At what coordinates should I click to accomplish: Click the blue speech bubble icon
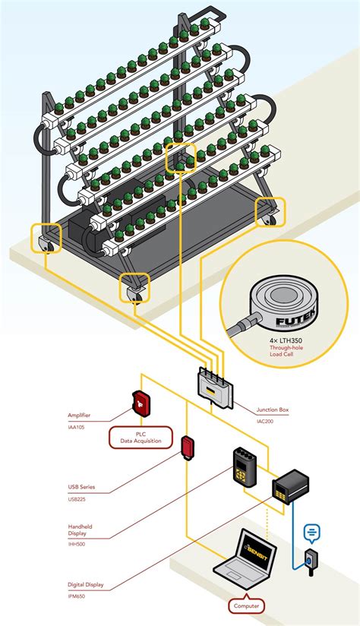(312, 533)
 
